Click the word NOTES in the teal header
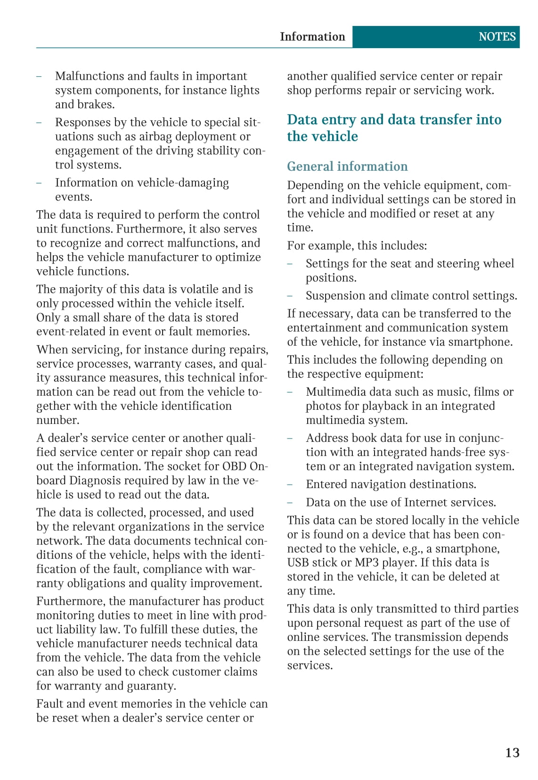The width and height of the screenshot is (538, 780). [497, 37]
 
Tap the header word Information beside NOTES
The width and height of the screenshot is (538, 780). [312, 37]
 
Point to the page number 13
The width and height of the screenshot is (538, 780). [512, 752]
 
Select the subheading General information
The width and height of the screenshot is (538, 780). [347, 166]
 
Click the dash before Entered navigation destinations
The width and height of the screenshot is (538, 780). [290, 485]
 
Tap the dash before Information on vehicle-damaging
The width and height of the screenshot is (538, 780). [39, 183]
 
